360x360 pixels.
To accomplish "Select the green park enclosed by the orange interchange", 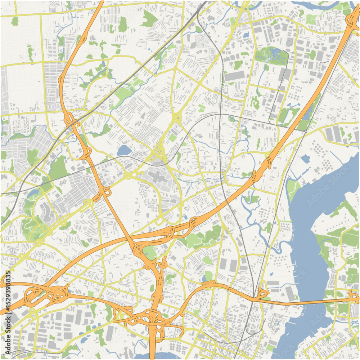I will [x=149, y=253].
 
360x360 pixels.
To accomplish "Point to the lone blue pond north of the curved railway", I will [x=123, y=150].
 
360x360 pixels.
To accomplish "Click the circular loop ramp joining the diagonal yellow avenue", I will [x=107, y=192].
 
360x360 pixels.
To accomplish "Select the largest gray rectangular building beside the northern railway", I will [x=234, y=76].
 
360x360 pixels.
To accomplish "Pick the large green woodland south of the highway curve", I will [x=202, y=238].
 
